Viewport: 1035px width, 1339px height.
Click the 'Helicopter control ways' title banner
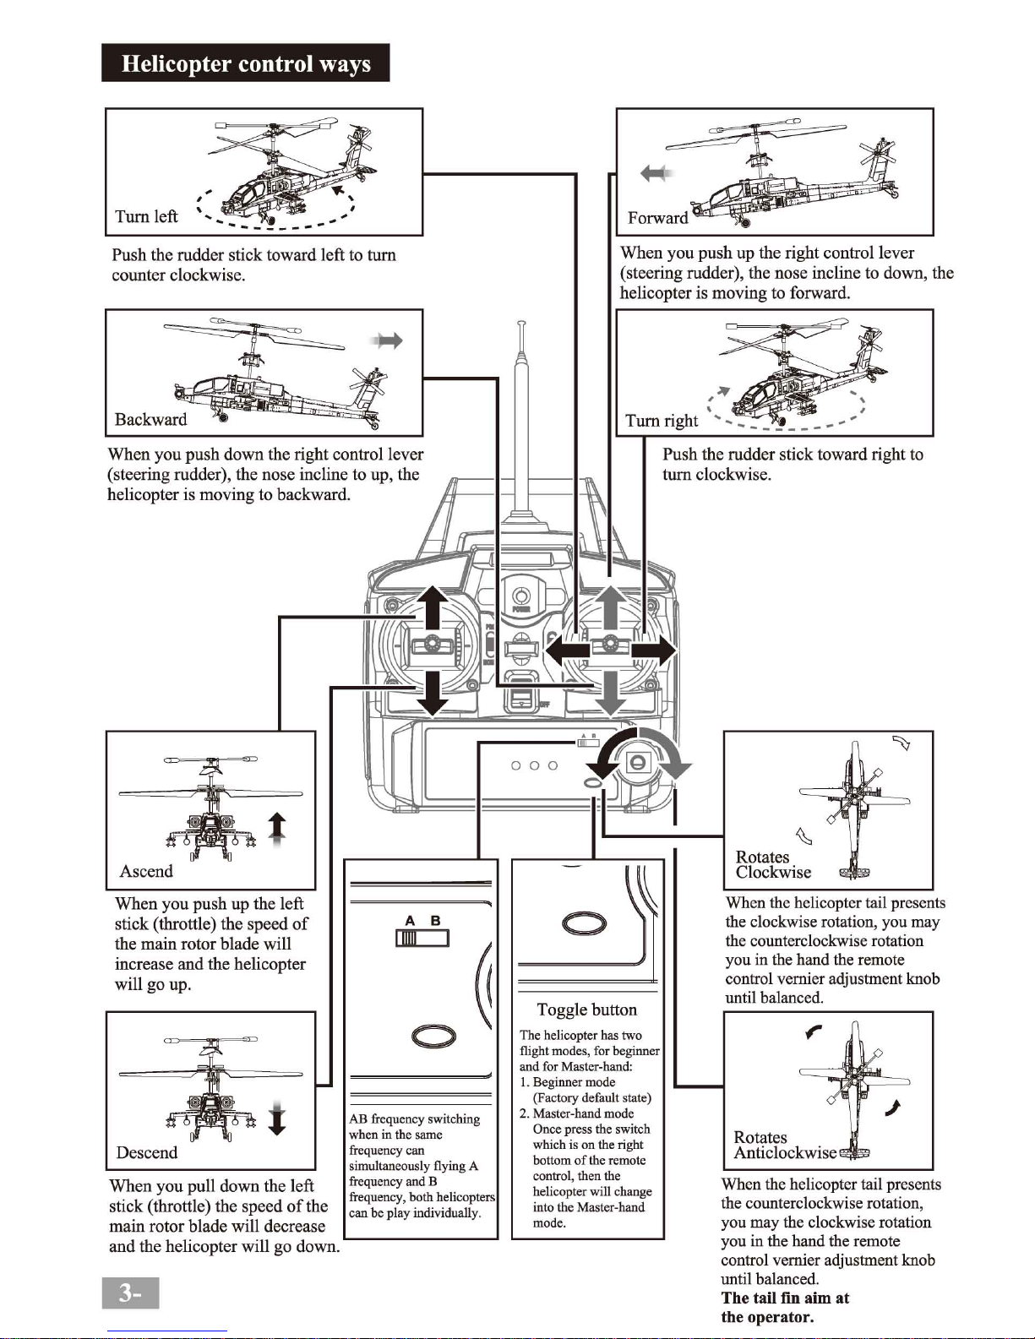point(245,63)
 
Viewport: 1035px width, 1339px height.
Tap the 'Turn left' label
point(146,216)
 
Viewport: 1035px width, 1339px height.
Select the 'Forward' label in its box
point(658,217)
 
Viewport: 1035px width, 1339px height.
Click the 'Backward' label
point(150,419)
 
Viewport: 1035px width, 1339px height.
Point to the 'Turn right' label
point(661,420)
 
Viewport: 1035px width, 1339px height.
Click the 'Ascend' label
point(146,871)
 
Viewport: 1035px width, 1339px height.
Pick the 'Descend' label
point(147,1152)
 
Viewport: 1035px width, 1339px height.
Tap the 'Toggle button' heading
point(586,1010)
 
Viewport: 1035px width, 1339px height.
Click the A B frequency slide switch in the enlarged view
point(422,938)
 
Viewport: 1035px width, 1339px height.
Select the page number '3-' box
point(130,1293)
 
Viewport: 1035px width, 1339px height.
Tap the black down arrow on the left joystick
point(433,694)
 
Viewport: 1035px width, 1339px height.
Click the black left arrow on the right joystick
point(568,650)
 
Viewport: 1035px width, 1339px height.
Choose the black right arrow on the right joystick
point(654,650)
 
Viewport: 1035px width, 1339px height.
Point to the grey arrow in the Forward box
point(656,173)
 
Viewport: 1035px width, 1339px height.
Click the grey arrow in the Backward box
point(386,340)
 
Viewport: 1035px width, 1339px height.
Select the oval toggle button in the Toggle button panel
point(584,923)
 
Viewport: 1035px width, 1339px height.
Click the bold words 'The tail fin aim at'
point(785,1298)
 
